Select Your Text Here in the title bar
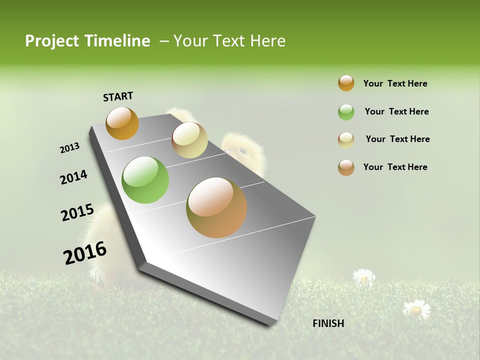(x=229, y=41)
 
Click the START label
(x=118, y=96)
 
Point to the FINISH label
(x=328, y=323)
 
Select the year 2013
(x=69, y=148)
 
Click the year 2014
(x=73, y=177)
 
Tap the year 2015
(x=77, y=212)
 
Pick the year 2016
(x=85, y=252)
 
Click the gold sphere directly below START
(x=122, y=123)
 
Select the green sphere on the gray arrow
(x=145, y=180)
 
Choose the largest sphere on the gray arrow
(x=216, y=207)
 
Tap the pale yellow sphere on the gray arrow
(x=189, y=140)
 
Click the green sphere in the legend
(x=346, y=112)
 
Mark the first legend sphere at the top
(x=346, y=83)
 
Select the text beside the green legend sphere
(x=396, y=111)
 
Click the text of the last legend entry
(x=395, y=167)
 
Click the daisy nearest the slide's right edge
(x=416, y=309)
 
